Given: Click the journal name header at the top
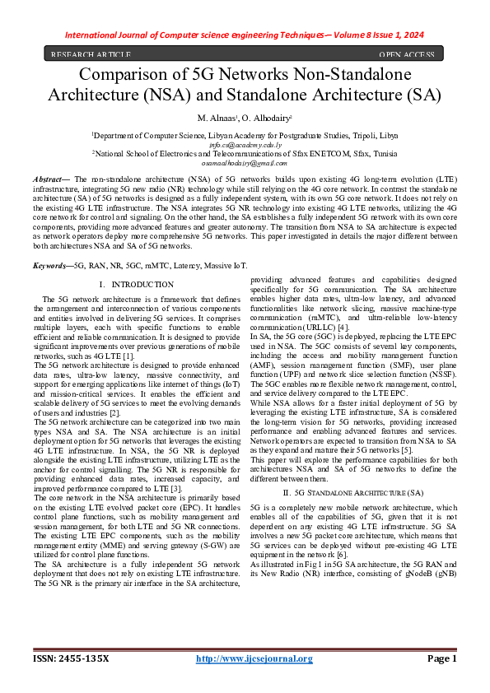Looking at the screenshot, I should (x=245, y=35).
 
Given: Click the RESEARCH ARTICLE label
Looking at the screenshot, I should (x=91, y=55).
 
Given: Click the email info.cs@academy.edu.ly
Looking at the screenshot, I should (x=245, y=143).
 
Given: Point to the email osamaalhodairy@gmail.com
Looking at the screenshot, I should (x=245, y=163).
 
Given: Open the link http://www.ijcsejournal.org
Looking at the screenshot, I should (x=254, y=658).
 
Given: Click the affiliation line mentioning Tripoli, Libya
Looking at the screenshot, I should (x=245, y=133).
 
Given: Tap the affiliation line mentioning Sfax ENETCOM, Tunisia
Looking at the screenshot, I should (x=245, y=153).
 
